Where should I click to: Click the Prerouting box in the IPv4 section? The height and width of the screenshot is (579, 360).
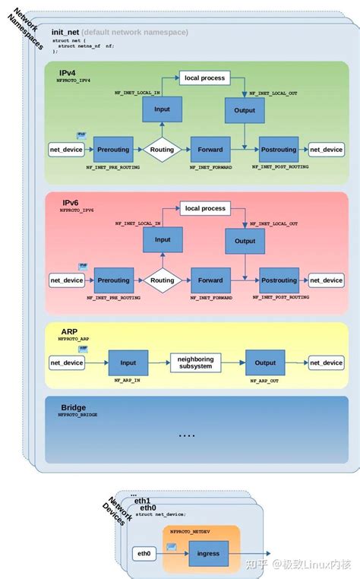tap(113, 150)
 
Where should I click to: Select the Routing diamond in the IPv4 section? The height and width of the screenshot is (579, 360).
tap(162, 150)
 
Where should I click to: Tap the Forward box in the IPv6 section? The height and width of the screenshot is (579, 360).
tap(210, 280)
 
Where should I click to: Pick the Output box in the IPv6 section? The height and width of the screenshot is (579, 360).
tap(245, 241)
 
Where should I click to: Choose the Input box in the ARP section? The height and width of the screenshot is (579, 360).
tap(127, 362)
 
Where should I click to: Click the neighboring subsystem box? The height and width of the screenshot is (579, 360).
tap(195, 362)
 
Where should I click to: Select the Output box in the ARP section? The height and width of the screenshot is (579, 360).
tap(265, 362)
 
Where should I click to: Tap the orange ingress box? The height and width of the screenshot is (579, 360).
tap(208, 554)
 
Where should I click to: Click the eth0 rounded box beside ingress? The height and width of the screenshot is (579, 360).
tap(144, 554)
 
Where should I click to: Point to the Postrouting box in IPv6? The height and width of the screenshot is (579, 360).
tap(278, 280)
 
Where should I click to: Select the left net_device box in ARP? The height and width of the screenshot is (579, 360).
tap(67, 362)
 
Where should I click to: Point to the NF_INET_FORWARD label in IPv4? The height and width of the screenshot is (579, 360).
tap(210, 166)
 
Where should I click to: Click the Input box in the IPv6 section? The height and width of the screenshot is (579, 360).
tap(163, 240)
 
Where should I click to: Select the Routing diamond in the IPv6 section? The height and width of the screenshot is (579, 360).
tap(162, 280)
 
